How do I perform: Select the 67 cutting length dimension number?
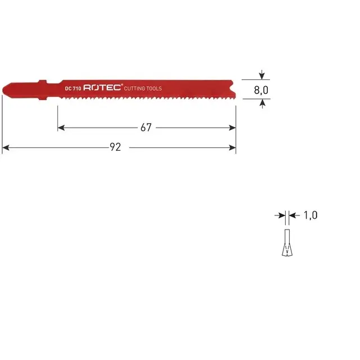[146, 128]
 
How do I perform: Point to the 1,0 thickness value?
[310, 215]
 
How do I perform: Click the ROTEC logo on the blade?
[102, 88]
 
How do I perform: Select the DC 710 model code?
[73, 89]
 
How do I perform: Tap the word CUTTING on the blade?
[136, 89]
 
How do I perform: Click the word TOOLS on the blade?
[155, 89]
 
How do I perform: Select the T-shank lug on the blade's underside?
[43, 100]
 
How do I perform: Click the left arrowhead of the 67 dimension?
[61, 128]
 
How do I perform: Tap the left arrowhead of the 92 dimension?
[5, 147]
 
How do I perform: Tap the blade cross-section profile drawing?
[286, 242]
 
